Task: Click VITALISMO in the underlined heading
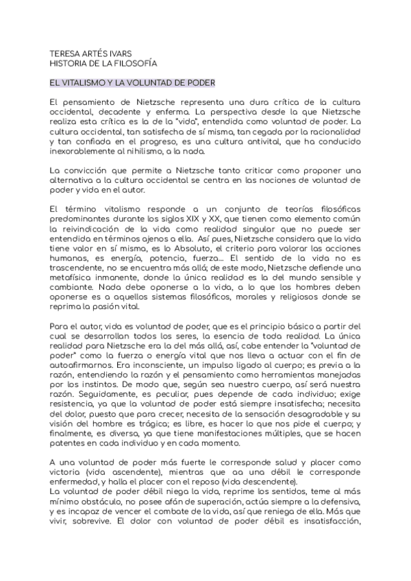86,83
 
